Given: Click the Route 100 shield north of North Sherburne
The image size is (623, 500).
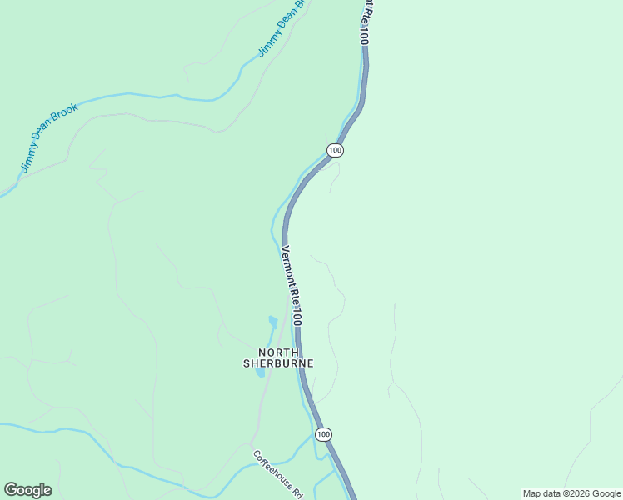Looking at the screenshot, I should [335, 150].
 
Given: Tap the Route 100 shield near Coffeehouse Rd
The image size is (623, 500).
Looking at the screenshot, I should [324, 434].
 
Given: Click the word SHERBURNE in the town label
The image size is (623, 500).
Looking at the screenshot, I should [278, 363].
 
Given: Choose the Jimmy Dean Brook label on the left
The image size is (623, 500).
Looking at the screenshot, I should [48, 138].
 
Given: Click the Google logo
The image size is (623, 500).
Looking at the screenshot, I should [27, 490].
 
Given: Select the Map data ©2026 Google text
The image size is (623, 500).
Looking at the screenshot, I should [571, 493].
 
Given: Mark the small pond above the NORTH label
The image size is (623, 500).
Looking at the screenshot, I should [272, 322].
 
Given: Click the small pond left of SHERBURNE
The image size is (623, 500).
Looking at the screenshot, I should [261, 372].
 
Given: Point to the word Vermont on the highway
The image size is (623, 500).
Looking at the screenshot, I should [287, 265].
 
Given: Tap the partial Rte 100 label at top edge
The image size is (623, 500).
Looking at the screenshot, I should [364, 22].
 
